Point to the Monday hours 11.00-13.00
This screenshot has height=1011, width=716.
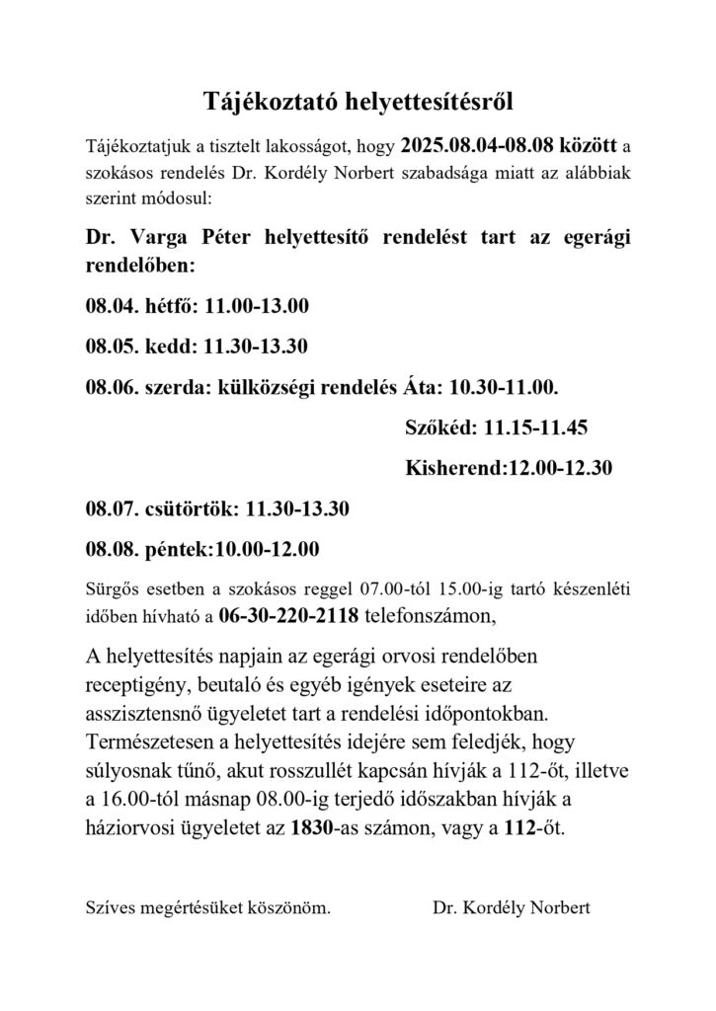point(256,306)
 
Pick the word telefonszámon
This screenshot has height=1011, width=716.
point(427,617)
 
